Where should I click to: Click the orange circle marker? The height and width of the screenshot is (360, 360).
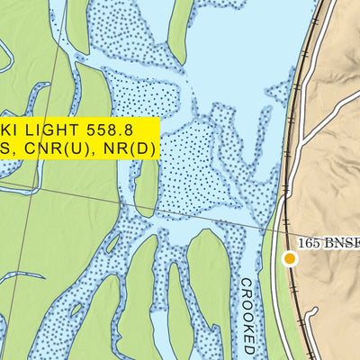pos(290,259)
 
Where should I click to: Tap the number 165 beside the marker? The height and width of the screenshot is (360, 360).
pos(311,242)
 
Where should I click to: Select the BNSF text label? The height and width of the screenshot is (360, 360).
pos(344,242)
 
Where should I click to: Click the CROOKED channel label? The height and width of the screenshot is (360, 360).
pos(248,315)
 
